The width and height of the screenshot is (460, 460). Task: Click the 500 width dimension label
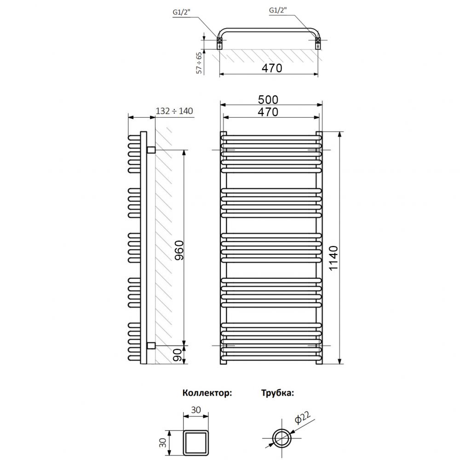[x=268, y=100]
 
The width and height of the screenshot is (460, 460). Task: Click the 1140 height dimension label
[x=333, y=258]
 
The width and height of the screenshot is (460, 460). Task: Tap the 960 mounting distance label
[x=179, y=250]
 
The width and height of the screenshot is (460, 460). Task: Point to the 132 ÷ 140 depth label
[x=174, y=111]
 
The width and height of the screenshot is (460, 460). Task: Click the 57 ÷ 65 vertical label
[x=199, y=63]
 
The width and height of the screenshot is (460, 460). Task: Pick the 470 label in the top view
[x=272, y=68]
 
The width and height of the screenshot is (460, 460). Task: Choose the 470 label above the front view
[x=268, y=112]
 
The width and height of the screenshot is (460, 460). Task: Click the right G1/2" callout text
[x=278, y=10]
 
